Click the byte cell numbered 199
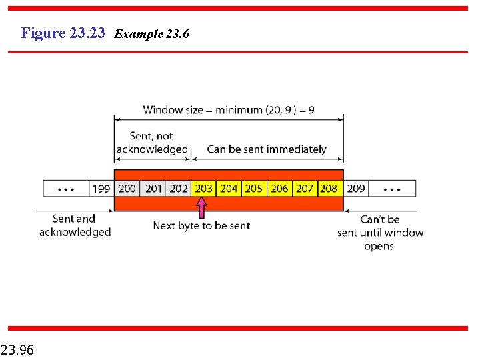point(101,189)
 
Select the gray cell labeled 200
point(127,189)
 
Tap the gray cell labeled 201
point(154,189)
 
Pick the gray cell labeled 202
point(179,189)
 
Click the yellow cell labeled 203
point(203,189)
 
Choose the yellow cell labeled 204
point(229,189)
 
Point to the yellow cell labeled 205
point(254,189)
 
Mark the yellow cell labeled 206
point(279,189)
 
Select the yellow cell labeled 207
point(305,189)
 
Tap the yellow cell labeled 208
point(329,189)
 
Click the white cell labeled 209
point(356,189)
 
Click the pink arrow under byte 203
point(202,208)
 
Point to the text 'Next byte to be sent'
point(201,226)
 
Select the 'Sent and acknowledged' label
point(75,225)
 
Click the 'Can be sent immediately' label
point(267,149)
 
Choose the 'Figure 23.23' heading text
point(63,33)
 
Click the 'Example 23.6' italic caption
point(152,33)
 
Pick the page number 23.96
point(18,349)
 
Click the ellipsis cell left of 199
point(66,189)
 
